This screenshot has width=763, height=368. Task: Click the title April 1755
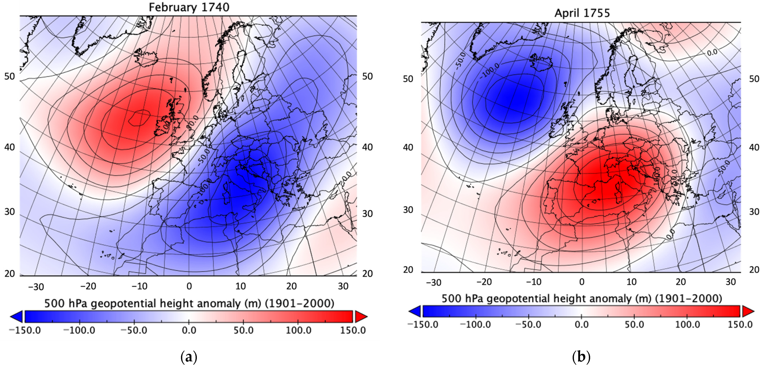(x=582, y=13)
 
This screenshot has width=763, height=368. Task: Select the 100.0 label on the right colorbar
(x=687, y=324)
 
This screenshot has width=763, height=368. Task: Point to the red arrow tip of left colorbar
(x=362, y=316)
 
